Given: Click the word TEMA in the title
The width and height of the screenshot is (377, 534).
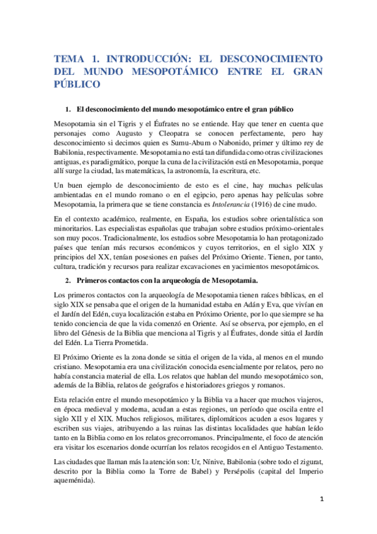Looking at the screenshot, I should click(x=70, y=55).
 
